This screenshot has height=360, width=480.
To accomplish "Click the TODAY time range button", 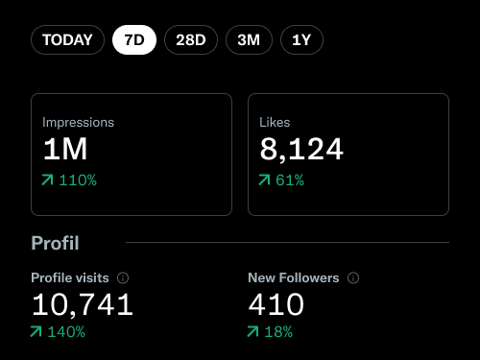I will tap(67, 40).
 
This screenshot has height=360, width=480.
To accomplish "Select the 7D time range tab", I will tap(134, 40).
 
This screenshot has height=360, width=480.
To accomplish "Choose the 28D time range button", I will tap(191, 40).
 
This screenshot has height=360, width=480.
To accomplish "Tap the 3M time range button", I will tap(249, 40).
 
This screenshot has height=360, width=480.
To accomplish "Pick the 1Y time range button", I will tap(301, 40).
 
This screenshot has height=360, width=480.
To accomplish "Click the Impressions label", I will tap(78, 123).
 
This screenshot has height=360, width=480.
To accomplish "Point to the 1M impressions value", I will tap(65, 150).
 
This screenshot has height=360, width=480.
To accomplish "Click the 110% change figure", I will tap(78, 180).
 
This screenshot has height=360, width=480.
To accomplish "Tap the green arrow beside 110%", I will tap(48, 180).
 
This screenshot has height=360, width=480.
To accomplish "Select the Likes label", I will tap(275, 123).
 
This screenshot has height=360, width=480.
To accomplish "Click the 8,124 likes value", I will tap(301, 150).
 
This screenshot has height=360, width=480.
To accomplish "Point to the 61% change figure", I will tap(290, 180).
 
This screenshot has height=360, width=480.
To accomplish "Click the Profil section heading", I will tap(55, 243).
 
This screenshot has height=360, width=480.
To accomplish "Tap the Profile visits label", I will tap(71, 277).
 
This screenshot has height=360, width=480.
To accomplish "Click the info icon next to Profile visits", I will tap(123, 277).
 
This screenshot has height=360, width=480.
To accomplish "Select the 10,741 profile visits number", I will tap(83, 305).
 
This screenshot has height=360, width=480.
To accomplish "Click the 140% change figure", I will tap(66, 332).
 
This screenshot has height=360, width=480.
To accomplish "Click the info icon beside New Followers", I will tap(353, 277).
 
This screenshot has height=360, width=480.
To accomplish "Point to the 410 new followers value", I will tap(276, 305).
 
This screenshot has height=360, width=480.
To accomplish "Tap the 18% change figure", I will tap(278, 332).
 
